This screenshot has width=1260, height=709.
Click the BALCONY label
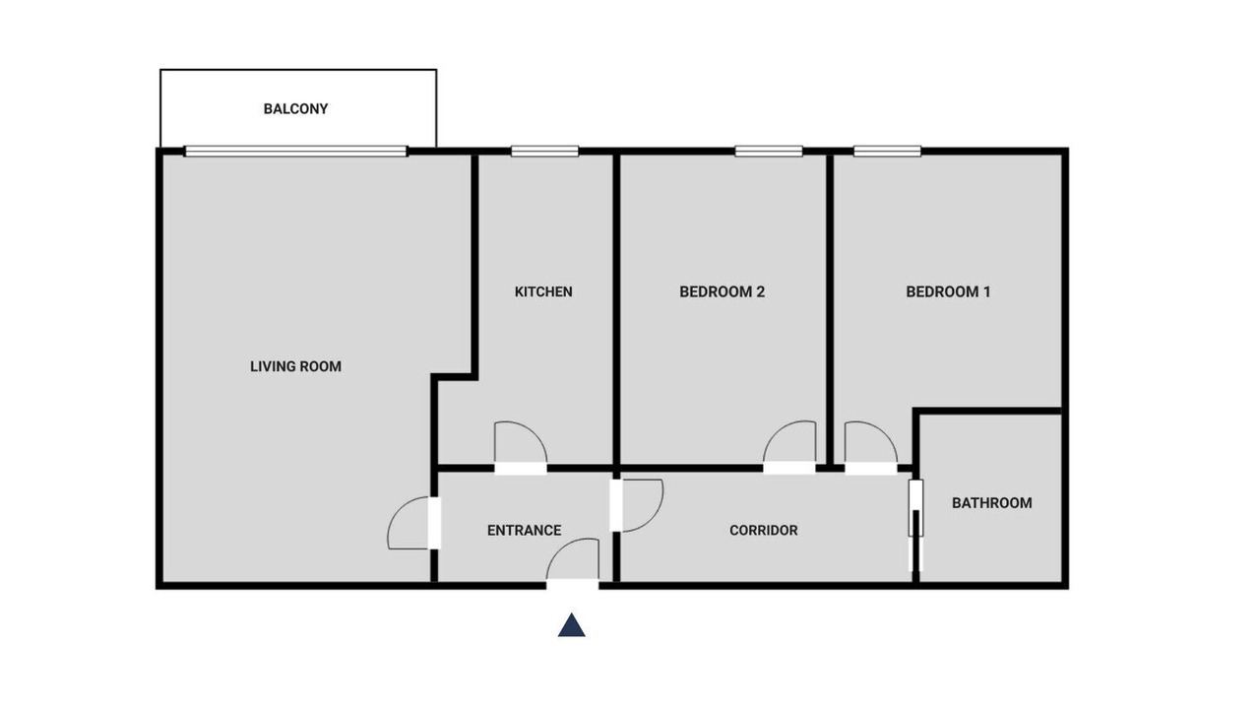(296, 108)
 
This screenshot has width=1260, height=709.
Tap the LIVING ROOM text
(296, 366)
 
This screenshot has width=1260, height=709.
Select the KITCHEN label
(543, 291)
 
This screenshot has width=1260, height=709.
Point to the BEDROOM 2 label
(723, 291)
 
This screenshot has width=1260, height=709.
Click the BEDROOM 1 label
(948, 291)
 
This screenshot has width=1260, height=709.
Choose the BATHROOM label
(992, 502)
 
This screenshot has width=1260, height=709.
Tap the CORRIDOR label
(763, 530)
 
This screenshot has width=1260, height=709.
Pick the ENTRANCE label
(525, 530)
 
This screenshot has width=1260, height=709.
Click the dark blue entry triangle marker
(572, 625)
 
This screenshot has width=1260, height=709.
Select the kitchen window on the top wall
(544, 151)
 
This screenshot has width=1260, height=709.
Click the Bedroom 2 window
(769, 151)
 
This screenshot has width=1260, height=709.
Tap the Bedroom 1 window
(887, 151)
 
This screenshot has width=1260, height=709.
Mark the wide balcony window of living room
(296, 151)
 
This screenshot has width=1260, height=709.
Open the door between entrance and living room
(413, 523)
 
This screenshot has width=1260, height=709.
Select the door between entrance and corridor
(637, 505)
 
